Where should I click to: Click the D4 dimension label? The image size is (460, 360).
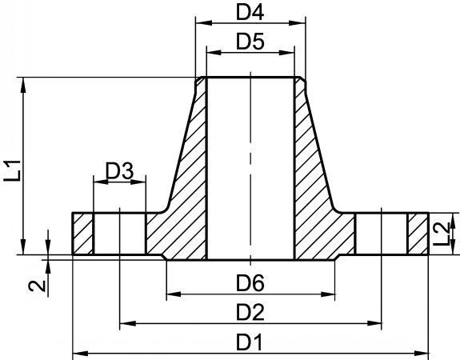[250, 13]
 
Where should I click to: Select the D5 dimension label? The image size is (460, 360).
[250, 42]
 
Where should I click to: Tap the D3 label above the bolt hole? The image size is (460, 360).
[119, 171]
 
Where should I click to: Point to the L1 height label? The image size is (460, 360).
[13, 170]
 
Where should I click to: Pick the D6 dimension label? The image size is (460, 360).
[250, 283]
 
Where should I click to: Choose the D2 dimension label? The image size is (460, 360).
[250, 313]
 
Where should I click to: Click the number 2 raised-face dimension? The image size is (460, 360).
[38, 286]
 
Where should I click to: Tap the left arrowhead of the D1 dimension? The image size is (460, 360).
[80, 354]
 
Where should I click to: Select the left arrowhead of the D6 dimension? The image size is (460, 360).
[174, 294]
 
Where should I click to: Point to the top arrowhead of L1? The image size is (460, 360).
[23, 85]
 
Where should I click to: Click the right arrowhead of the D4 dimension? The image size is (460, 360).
[298, 23]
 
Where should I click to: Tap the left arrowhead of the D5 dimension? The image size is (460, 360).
[214, 53]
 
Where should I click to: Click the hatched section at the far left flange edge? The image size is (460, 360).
[82, 234]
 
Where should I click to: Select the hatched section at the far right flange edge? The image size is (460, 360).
[418, 234]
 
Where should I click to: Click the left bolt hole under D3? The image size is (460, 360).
[119, 234]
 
